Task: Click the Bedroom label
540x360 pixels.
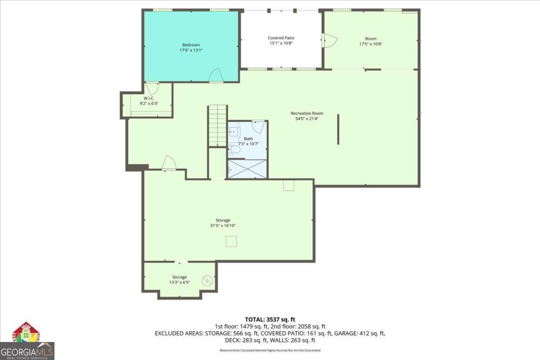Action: pyautogui.click(x=191, y=45)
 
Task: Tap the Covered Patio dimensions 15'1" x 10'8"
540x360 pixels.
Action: pyautogui.click(x=281, y=44)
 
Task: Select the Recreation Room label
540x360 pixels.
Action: pyautogui.click(x=307, y=113)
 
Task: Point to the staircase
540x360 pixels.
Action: pyautogui.click(x=217, y=126)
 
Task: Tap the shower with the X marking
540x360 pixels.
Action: pyautogui.click(x=247, y=169)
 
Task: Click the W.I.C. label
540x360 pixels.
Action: pyautogui.click(x=149, y=98)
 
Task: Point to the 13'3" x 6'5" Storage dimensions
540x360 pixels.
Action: pyautogui.click(x=179, y=283)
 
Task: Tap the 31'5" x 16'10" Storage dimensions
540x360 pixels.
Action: pyautogui.click(x=223, y=226)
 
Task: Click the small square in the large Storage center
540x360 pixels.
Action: pyautogui.click(x=231, y=242)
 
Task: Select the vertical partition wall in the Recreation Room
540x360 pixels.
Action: pyautogui.click(x=338, y=129)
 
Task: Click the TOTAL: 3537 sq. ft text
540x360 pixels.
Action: pyautogui.click(x=270, y=319)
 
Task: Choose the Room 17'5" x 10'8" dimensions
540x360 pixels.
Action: pyautogui.click(x=371, y=44)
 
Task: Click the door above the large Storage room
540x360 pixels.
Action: pyautogui.click(x=169, y=163)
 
